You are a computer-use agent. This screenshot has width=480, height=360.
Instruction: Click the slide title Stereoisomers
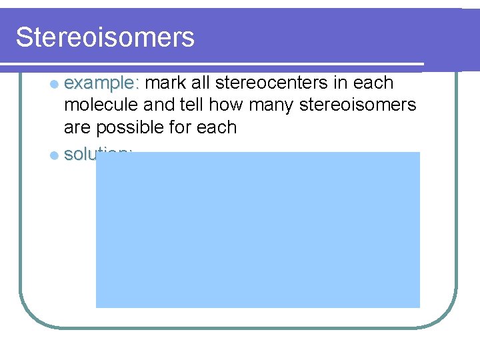105,37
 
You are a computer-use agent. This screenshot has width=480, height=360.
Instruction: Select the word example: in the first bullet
102,83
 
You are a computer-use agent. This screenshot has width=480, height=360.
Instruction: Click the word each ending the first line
374,83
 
